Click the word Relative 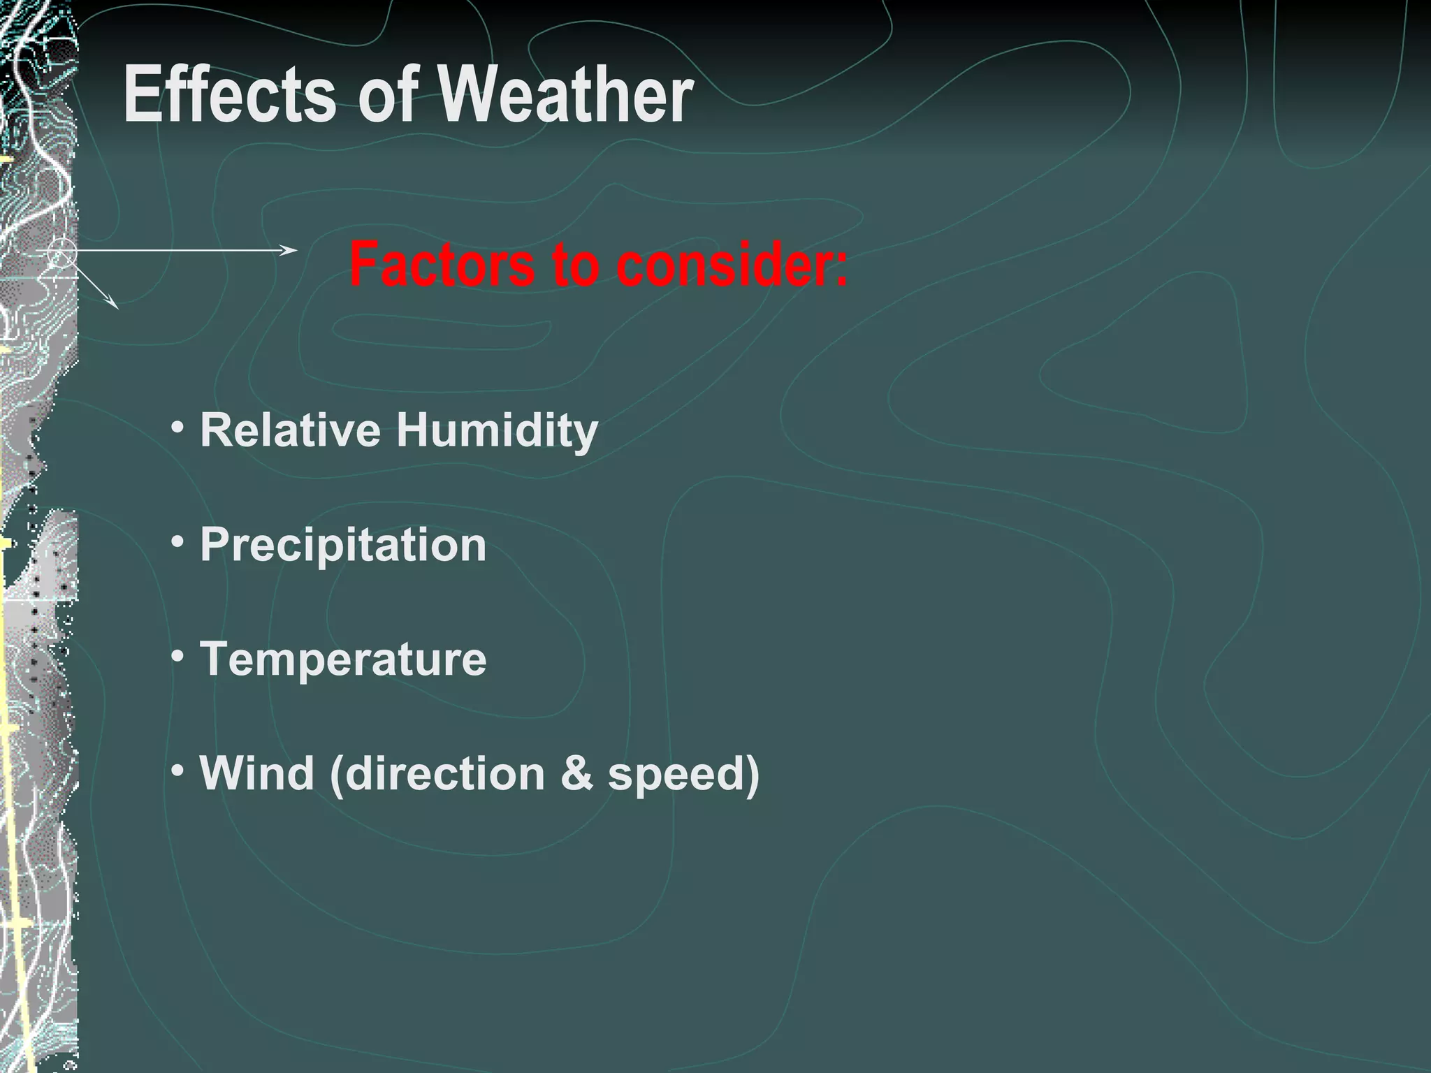point(291,429)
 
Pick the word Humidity point(497,430)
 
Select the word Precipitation point(343,545)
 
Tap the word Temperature point(343,659)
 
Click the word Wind point(256,773)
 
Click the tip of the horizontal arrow point(296,249)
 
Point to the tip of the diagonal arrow point(117,307)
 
